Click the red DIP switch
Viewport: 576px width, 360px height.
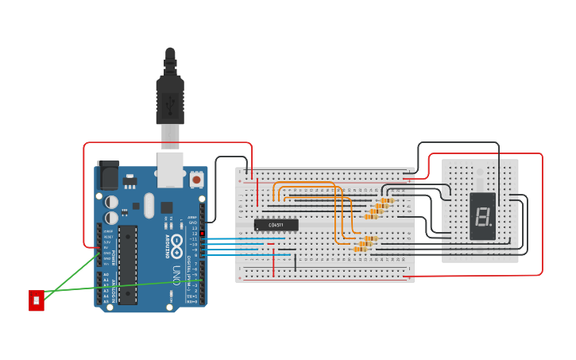click(36, 300)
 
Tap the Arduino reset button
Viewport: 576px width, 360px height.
click(196, 180)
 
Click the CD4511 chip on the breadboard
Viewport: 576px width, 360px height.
click(276, 225)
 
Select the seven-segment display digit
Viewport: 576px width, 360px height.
click(481, 215)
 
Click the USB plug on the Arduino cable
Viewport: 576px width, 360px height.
click(170, 99)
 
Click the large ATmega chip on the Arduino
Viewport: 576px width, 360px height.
click(128, 265)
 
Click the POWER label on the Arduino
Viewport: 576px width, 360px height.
click(114, 256)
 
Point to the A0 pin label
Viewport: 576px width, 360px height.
click(106, 274)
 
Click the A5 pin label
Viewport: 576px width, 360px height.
click(106, 301)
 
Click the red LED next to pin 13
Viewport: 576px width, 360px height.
click(201, 233)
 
